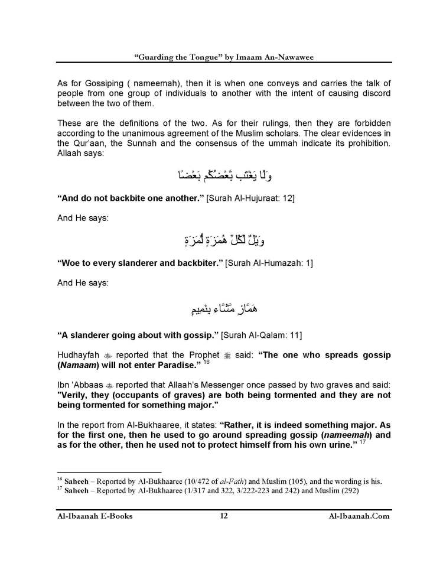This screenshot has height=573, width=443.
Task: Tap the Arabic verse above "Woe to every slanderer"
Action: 221,241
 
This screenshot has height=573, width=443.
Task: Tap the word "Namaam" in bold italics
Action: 77,367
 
